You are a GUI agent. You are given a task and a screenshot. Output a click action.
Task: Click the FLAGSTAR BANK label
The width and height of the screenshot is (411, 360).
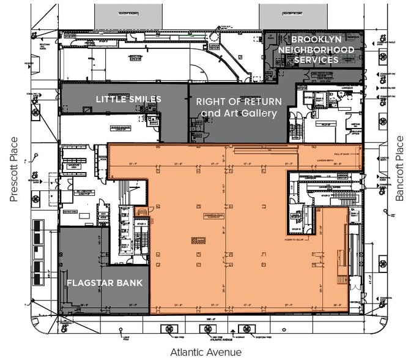(x=104, y=283)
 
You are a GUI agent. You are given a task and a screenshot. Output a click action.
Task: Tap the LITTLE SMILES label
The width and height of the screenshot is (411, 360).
(x=128, y=99)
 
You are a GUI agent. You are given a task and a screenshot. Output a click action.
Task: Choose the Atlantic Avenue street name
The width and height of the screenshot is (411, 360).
(x=206, y=351)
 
